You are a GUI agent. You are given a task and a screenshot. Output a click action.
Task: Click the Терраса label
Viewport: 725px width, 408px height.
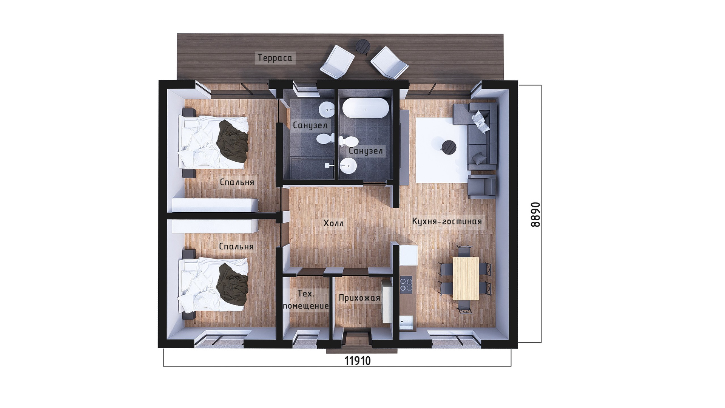click(x=275, y=58)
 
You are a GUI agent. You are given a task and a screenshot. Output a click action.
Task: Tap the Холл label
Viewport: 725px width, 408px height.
click(x=334, y=223)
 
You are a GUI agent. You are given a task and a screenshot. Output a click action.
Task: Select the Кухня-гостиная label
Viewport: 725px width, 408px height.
click(x=447, y=221)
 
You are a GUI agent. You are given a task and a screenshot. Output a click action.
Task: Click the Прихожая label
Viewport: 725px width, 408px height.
click(x=359, y=298)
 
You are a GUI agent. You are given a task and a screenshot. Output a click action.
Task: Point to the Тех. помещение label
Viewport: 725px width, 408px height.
click(x=306, y=300)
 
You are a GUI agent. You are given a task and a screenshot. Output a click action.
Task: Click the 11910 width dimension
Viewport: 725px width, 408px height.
click(x=358, y=361)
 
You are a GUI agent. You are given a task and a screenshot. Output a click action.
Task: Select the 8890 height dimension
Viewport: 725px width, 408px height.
click(x=535, y=214)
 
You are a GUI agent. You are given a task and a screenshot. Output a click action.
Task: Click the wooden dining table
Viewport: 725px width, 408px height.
click(x=466, y=278)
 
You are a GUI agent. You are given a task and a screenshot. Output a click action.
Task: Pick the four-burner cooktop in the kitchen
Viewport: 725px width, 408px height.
click(x=406, y=284)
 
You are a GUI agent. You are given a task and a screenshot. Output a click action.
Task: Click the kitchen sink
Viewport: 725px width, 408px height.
click(x=407, y=322)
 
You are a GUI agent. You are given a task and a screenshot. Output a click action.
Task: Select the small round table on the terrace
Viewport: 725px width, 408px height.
click(x=363, y=46)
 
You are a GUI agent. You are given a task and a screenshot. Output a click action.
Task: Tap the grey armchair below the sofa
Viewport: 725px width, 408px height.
click(x=482, y=186)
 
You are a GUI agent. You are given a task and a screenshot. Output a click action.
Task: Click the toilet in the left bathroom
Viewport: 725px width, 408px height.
click(x=325, y=139)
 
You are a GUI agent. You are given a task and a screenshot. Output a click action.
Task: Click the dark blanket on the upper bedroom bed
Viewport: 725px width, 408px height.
click(x=233, y=142)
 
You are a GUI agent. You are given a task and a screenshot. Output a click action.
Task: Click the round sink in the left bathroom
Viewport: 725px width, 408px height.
click(x=327, y=110)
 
